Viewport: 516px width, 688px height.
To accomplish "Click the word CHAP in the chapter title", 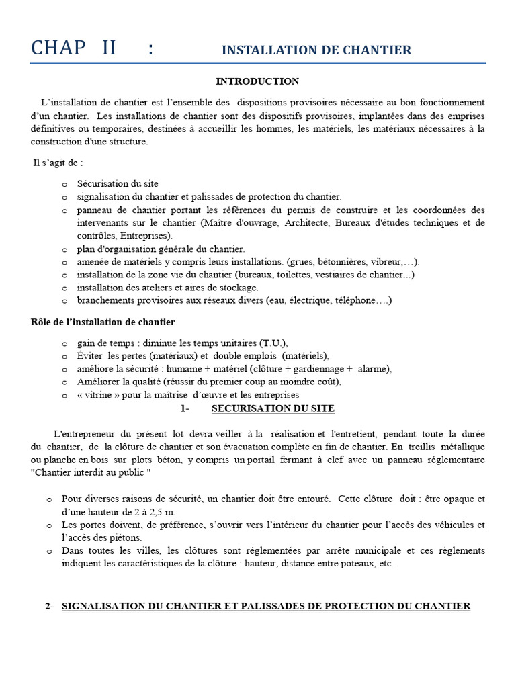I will tap(58, 48).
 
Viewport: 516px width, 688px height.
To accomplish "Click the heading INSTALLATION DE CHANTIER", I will tap(316, 50).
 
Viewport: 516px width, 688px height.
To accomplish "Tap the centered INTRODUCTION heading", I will tap(257, 81).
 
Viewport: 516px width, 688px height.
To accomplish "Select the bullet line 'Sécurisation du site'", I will tap(118, 183).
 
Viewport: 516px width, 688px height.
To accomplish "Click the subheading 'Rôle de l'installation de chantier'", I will tap(103, 322).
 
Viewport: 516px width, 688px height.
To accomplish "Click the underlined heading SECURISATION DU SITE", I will tap(273, 408).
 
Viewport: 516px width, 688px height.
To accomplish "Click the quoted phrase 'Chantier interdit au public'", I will tap(91, 473).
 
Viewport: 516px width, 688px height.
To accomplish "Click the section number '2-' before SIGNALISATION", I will tap(49, 606).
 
